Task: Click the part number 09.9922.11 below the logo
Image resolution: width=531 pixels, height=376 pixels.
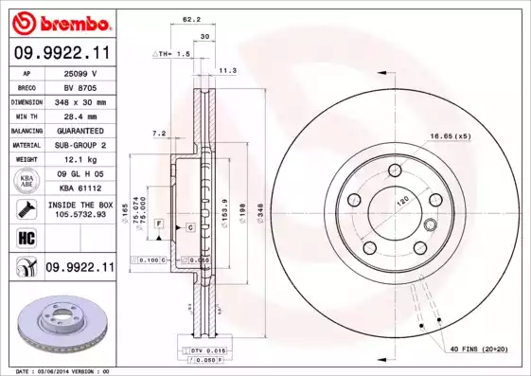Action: [61, 54]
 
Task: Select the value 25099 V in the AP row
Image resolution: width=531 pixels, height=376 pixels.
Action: [80, 72]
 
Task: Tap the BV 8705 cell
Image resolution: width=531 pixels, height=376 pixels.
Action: [80, 86]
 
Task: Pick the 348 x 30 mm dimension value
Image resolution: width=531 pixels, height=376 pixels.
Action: [80, 101]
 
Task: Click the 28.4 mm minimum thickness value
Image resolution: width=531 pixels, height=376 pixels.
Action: [80, 116]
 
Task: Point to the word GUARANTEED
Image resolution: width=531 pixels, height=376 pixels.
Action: [80, 130]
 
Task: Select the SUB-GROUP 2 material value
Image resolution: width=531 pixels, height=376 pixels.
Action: [80, 145]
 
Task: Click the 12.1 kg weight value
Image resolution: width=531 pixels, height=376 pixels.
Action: [80, 159]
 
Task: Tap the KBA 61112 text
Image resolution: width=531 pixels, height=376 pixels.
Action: [80, 188]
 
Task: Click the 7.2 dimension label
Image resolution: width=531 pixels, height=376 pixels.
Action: [159, 134]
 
